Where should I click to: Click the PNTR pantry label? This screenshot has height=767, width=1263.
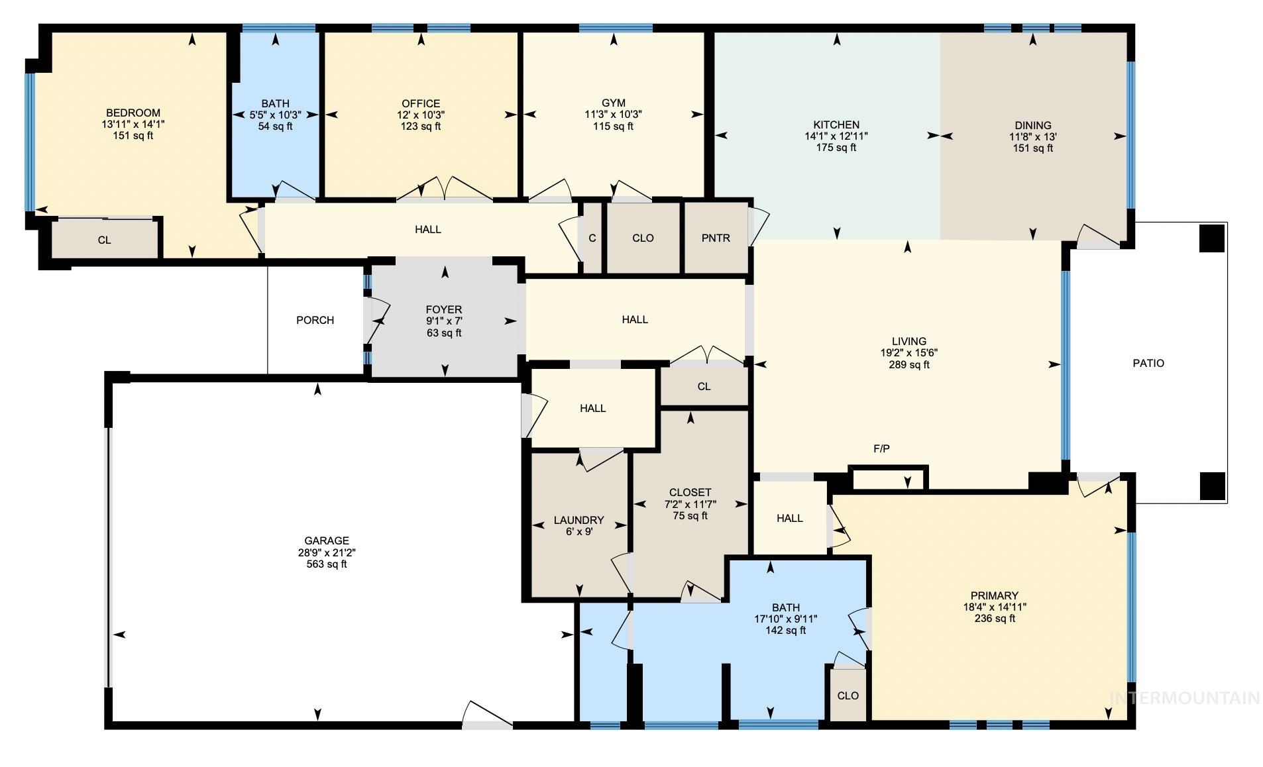pos(716,238)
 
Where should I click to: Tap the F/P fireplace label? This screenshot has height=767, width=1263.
pos(881,448)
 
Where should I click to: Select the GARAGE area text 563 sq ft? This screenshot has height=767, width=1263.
pos(326,564)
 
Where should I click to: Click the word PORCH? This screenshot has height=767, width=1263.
pos(315,320)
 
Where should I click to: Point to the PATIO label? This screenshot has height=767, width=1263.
pos(1148,363)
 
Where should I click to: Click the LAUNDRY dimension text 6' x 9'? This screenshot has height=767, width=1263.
pos(579,531)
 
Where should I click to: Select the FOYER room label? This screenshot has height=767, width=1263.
pos(443,309)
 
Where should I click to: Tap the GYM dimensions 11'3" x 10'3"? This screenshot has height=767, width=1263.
pos(613,115)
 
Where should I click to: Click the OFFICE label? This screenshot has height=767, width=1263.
pos(421,103)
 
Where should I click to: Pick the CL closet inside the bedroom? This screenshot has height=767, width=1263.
pos(105,240)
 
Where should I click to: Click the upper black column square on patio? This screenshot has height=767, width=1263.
pos(1211,238)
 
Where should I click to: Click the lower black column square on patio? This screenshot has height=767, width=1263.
pos(1211,486)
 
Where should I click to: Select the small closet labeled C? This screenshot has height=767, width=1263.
pos(592,238)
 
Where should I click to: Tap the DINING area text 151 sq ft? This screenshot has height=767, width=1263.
pos(1032,148)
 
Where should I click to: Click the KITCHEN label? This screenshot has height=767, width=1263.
pos(836,125)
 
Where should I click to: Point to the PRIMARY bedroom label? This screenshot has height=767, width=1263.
pos(994,595)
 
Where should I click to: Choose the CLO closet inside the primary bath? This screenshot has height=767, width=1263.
pos(848,695)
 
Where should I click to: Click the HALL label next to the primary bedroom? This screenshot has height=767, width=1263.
pos(789,518)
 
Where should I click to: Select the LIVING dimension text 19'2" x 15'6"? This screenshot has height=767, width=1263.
pos(908,353)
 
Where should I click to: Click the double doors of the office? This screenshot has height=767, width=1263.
pos(444,189)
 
